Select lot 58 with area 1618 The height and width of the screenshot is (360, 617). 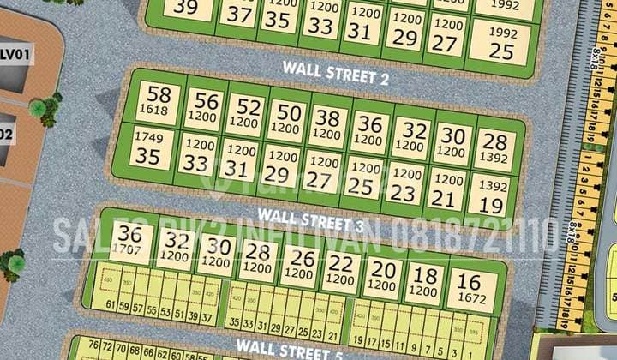[x=159, y=101]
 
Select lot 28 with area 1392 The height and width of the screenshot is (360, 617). [x=494, y=147]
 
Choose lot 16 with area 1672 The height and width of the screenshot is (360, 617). [x=470, y=290]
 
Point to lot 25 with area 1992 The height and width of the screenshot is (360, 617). [x=501, y=43]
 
